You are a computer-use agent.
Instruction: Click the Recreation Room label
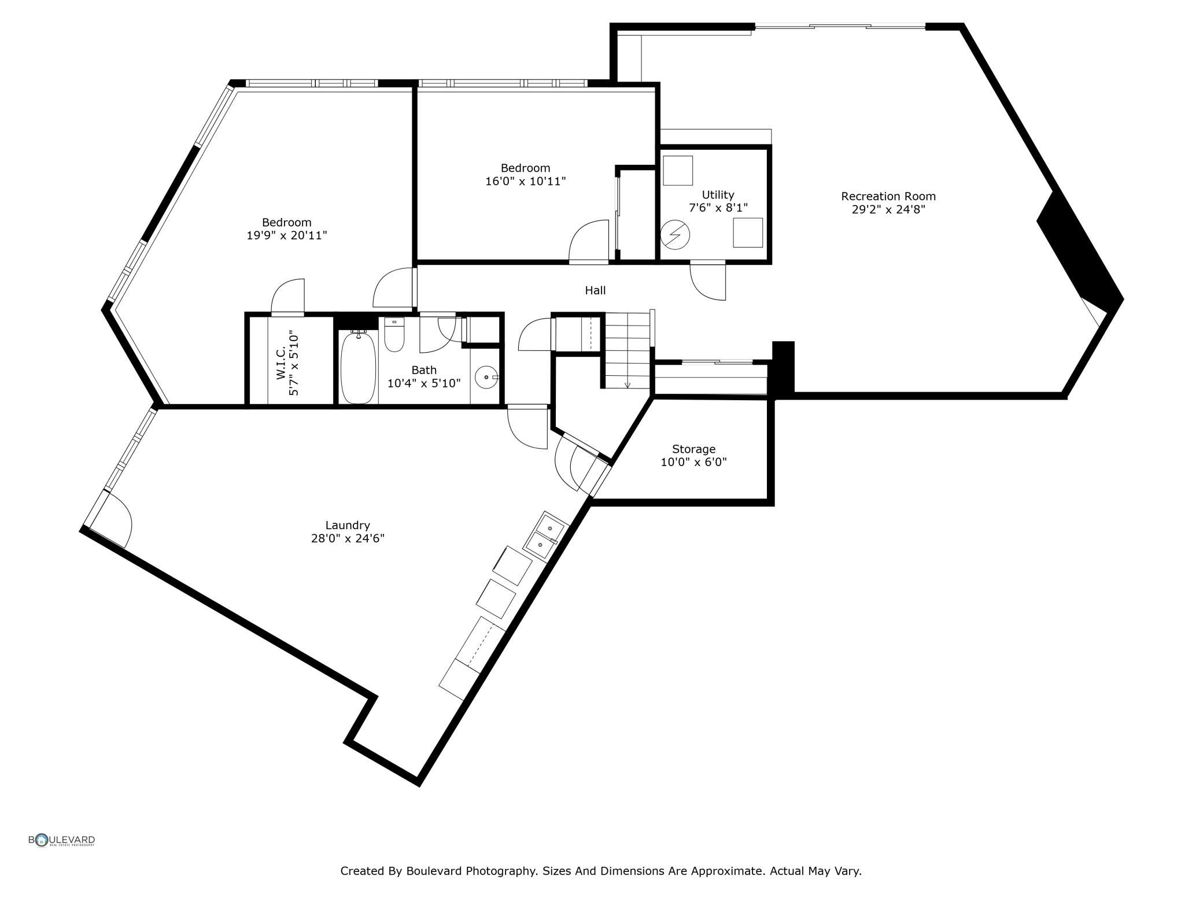(888, 197)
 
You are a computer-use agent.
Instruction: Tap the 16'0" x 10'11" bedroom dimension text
(525, 182)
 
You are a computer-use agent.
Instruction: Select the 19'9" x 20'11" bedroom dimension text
(287, 236)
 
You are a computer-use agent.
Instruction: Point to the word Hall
(595, 290)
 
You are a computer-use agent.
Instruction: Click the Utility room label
(718, 195)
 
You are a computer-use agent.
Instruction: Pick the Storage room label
(693, 449)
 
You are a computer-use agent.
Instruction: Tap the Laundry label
(347, 526)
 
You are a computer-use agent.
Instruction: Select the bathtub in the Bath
(358, 367)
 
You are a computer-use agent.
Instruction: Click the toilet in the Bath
(394, 335)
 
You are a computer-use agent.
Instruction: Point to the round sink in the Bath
(486, 378)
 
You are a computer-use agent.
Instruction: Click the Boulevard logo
(61, 840)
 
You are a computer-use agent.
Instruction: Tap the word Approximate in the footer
(736, 871)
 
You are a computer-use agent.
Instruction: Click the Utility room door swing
(707, 282)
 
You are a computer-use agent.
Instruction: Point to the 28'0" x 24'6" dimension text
(348, 539)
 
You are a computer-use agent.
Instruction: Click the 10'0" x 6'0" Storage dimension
(693, 463)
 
